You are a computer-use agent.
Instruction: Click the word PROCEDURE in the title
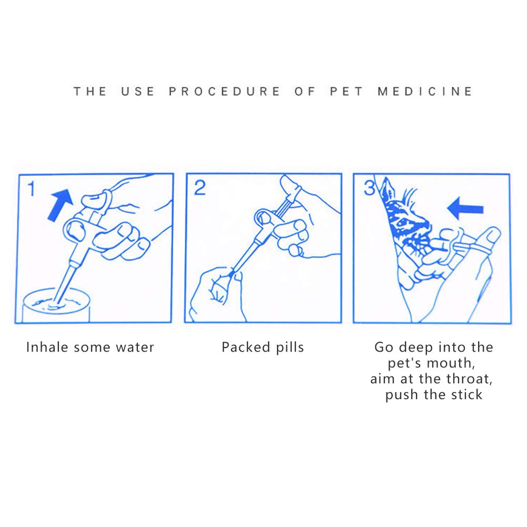tap(224, 92)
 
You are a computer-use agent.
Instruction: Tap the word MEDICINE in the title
tap(425, 92)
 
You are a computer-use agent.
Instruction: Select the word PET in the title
tap(346, 92)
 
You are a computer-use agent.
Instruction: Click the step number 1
tap(31, 188)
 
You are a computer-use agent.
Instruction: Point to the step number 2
tap(200, 188)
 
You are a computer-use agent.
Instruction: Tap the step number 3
tap(369, 188)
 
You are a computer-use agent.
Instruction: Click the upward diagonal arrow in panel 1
tap(61, 205)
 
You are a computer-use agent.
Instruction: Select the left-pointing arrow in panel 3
tap(465, 208)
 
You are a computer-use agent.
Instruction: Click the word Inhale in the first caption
tap(47, 347)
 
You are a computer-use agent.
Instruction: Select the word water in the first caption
tap(135, 347)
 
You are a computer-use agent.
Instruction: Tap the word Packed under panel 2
tap(246, 347)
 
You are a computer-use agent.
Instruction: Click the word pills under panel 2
tap(290, 347)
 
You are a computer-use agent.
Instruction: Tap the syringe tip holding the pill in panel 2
tap(232, 274)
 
